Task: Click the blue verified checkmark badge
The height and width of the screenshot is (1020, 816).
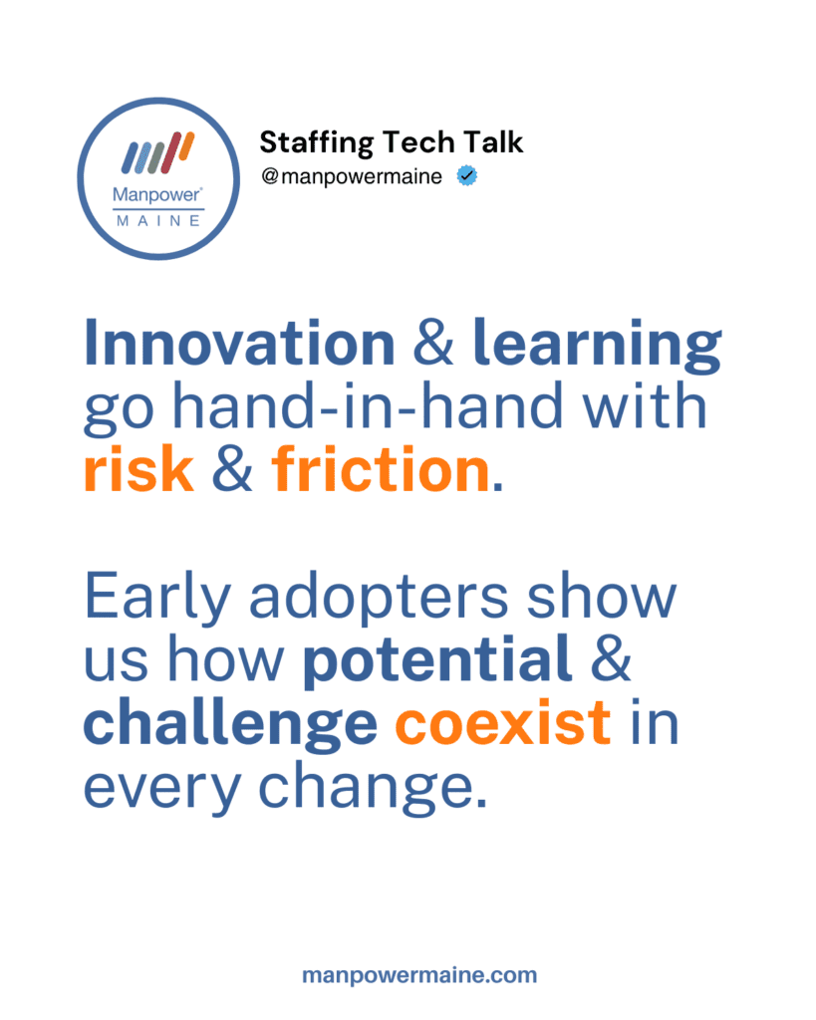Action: pyautogui.click(x=466, y=175)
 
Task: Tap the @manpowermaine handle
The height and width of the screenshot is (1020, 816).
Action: pyautogui.click(x=352, y=176)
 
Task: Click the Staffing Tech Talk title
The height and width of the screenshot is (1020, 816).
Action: pyautogui.click(x=392, y=142)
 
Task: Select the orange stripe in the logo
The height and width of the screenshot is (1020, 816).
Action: pyautogui.click(x=186, y=146)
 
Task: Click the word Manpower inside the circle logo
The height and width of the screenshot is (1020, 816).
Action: pyautogui.click(x=157, y=194)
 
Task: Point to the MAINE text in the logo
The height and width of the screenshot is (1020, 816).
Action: pyautogui.click(x=158, y=221)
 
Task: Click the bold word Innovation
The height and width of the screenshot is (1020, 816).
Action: pyautogui.click(x=239, y=343)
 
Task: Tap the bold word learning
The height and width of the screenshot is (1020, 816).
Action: pyautogui.click(x=597, y=346)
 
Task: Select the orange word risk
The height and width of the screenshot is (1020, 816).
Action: pyautogui.click(x=139, y=468)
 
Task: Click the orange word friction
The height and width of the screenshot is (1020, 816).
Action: pyautogui.click(x=381, y=468)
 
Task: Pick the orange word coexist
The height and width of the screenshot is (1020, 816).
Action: pyautogui.click(x=503, y=723)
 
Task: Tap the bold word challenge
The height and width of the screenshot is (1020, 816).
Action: pyautogui.click(x=230, y=725)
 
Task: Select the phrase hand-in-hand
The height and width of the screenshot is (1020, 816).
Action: pyautogui.click(x=367, y=404)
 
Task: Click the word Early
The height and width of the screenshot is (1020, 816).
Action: pyautogui.click(x=157, y=599)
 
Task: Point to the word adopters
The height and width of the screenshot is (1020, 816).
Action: pyautogui.click(x=379, y=599)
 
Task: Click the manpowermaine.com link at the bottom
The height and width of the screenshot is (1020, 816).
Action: pyautogui.click(x=419, y=975)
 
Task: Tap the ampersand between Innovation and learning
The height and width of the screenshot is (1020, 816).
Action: pyautogui.click(x=433, y=343)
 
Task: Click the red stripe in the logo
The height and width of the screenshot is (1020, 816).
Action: pyautogui.click(x=169, y=152)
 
